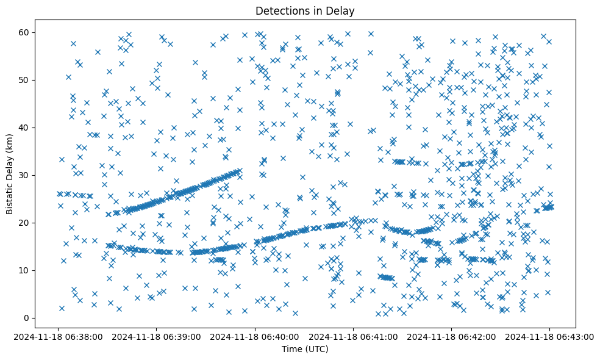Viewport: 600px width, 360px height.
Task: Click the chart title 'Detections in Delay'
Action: click(x=305, y=10)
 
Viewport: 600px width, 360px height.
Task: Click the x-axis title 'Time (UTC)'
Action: click(x=305, y=349)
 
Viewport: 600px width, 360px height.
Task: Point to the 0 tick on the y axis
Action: click(x=27, y=318)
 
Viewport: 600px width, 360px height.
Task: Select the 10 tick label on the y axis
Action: click(x=25, y=270)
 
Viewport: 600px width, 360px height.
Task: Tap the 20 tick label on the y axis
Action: click(x=25, y=223)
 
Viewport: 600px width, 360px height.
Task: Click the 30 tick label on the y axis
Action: click(x=25, y=175)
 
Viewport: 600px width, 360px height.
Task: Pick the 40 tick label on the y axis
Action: click(x=25, y=128)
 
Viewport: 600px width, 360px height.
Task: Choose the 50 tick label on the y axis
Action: click(x=25, y=80)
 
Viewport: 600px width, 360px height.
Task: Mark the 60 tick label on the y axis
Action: click(x=25, y=32)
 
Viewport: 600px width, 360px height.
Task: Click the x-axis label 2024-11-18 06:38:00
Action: click(x=59, y=337)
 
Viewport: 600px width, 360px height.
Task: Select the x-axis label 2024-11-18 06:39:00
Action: click(x=157, y=337)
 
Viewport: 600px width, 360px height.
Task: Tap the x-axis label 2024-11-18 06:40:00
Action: click(x=255, y=337)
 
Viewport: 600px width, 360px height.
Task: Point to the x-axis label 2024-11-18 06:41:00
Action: click(x=353, y=337)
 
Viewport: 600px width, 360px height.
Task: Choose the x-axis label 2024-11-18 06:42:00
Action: click(x=451, y=337)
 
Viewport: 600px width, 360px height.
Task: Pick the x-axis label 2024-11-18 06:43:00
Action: click(x=549, y=337)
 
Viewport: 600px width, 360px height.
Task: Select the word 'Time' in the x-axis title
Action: click(x=291, y=349)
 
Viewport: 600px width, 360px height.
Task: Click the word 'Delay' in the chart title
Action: click(x=341, y=10)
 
